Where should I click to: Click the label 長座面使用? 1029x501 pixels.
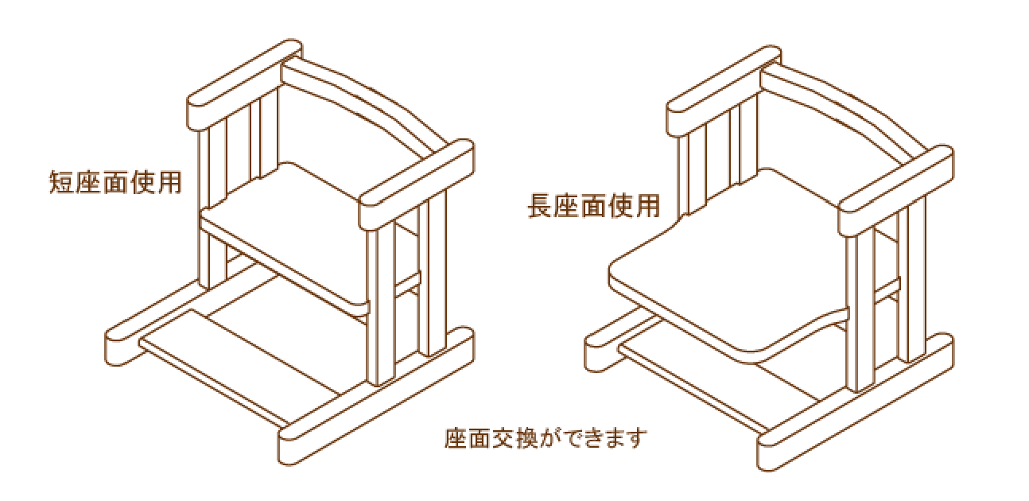pos(594,208)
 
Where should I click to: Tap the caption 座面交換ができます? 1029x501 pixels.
pos(545,438)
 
